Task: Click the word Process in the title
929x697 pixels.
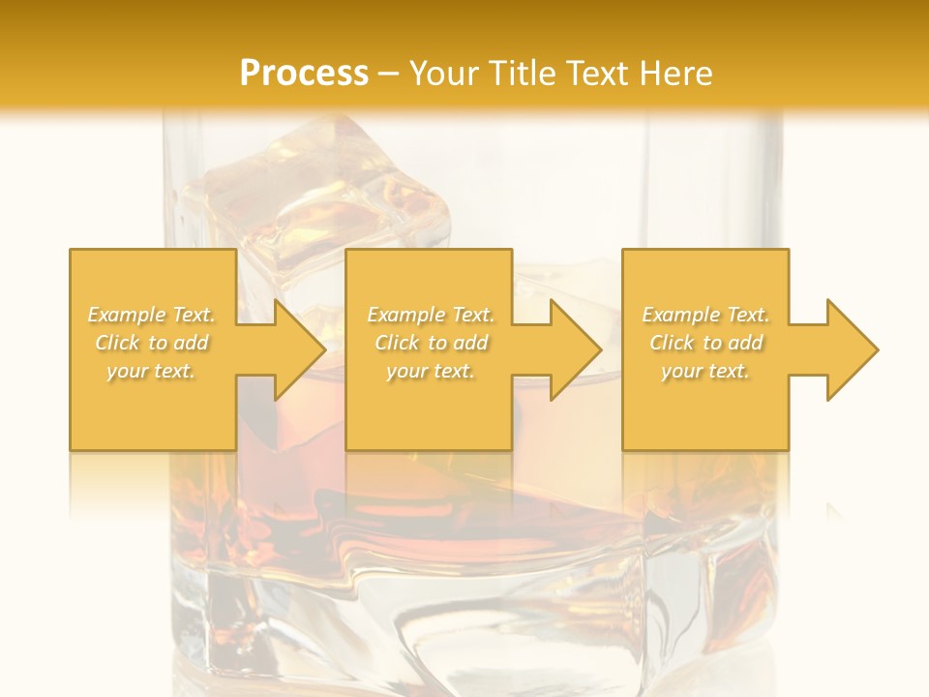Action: [x=304, y=74]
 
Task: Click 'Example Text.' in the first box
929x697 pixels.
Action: [x=151, y=315]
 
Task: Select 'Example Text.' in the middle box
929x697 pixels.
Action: [x=430, y=315]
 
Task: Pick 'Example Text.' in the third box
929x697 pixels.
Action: [x=705, y=315]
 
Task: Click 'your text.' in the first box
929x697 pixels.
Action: [x=151, y=371]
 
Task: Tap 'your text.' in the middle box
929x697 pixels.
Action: [x=430, y=371]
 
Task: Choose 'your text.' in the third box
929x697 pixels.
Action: [x=705, y=371]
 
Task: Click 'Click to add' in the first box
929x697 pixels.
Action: [x=151, y=343]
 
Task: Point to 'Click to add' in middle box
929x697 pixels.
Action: [x=430, y=343]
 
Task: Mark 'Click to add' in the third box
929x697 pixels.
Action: [x=705, y=343]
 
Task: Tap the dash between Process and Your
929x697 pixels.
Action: [x=389, y=74]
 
